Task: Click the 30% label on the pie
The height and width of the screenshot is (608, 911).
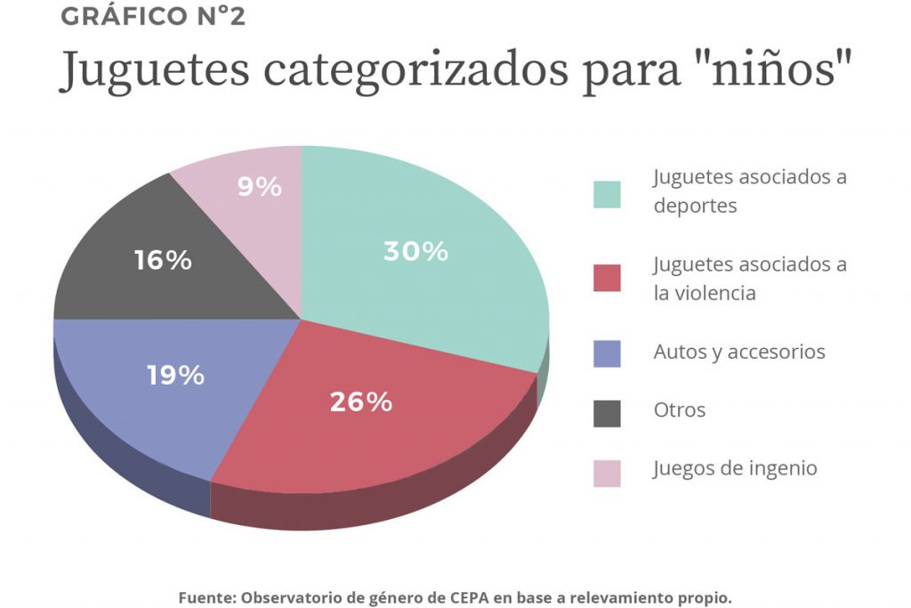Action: (415, 252)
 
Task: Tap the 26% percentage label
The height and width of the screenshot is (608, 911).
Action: (360, 402)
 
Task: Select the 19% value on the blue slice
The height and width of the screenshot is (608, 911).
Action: (175, 376)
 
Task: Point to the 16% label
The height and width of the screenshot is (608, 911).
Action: (163, 261)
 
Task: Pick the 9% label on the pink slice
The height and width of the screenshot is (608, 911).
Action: (260, 187)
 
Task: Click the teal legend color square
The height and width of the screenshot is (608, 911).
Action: (607, 194)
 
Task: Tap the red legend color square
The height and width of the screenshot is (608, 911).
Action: (607, 278)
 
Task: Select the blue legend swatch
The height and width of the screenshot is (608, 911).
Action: (607, 353)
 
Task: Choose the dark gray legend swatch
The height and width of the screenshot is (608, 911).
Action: (607, 412)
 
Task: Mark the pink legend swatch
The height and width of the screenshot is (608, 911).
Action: (607, 471)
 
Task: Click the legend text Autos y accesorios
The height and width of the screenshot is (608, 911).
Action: (738, 352)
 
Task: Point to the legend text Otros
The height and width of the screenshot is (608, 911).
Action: (679, 410)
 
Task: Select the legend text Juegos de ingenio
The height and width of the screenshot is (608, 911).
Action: (735, 468)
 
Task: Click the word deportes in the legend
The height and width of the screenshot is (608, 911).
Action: (695, 206)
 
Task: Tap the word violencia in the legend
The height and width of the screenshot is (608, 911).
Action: (713, 292)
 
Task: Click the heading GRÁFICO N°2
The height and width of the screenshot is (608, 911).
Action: (152, 17)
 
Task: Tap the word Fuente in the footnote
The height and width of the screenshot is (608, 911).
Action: (207, 597)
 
